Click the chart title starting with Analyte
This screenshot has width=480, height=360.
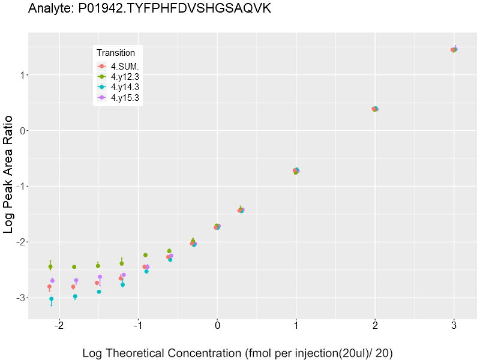(x=149, y=10)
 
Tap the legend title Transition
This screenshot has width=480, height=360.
(x=116, y=53)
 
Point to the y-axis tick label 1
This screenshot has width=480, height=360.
(x=21, y=75)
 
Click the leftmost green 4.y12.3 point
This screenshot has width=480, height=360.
(x=50, y=266)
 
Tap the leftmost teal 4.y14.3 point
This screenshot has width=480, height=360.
(x=51, y=299)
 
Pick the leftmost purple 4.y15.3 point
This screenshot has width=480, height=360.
(x=52, y=280)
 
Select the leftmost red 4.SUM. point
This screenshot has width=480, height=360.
(x=49, y=287)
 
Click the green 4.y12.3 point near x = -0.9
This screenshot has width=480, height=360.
(x=145, y=255)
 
